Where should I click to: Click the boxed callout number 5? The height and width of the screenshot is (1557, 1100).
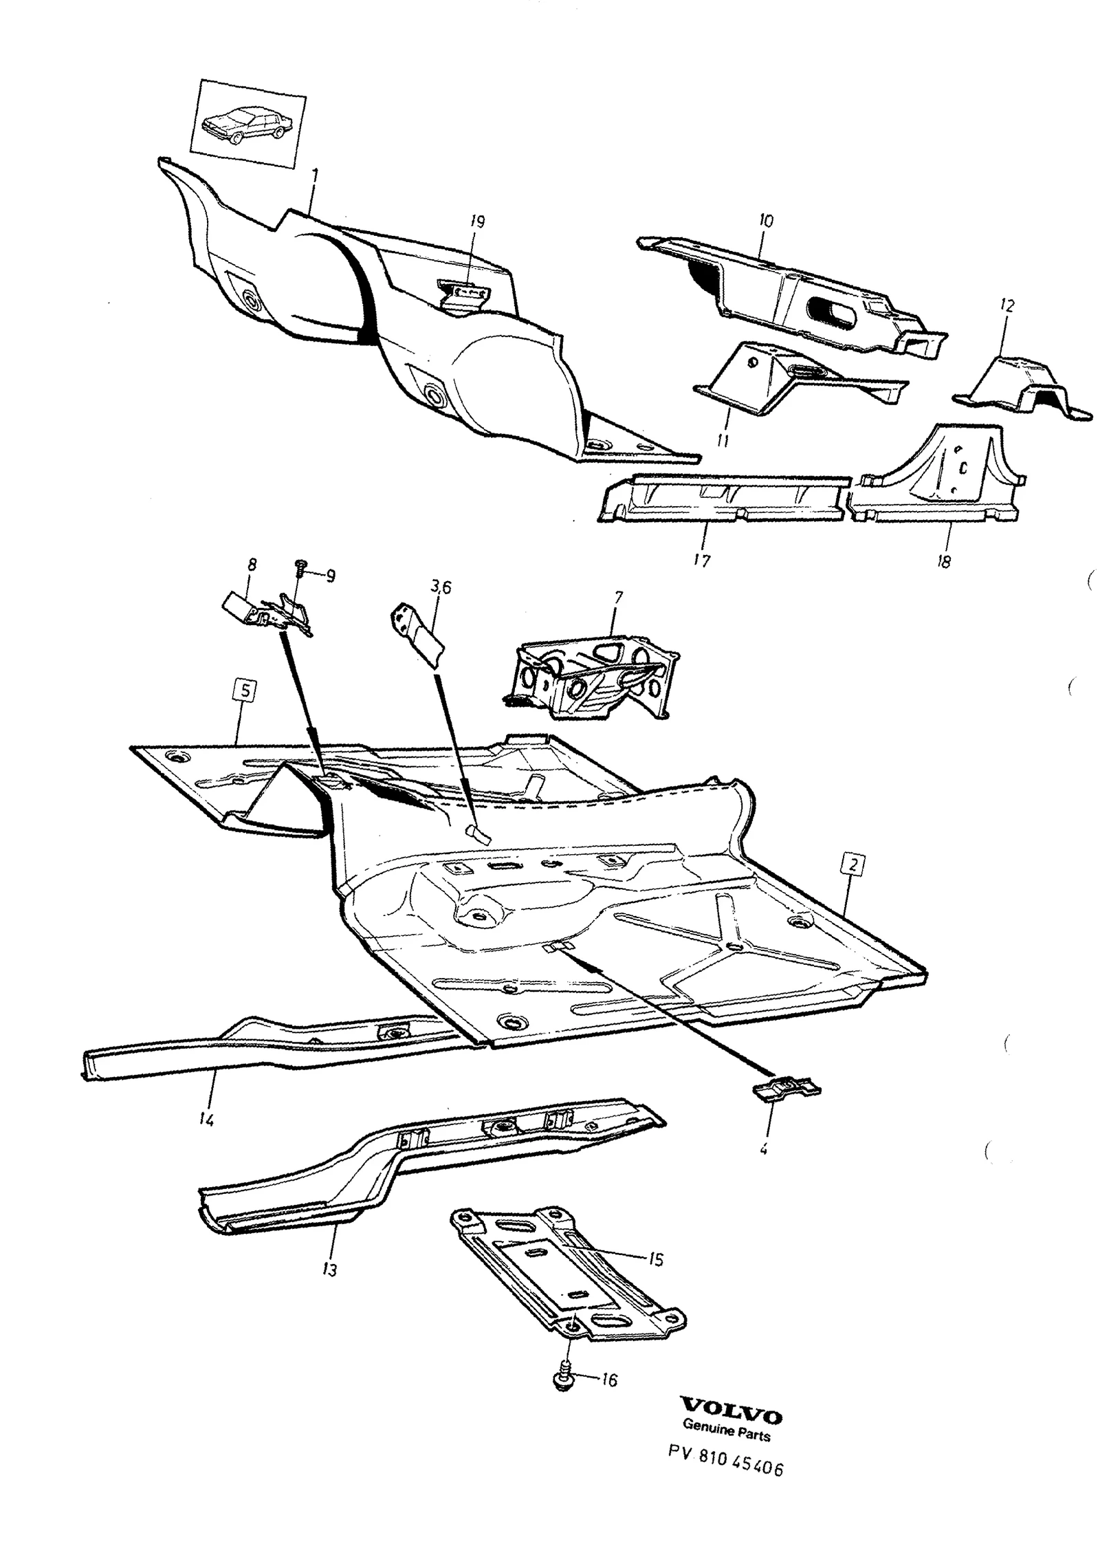(245, 690)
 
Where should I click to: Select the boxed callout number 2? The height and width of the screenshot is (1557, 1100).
(852, 864)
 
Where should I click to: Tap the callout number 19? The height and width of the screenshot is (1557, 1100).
(477, 222)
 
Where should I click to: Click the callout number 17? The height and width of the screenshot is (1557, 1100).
(701, 561)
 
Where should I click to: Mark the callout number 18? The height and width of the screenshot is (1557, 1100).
(943, 562)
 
